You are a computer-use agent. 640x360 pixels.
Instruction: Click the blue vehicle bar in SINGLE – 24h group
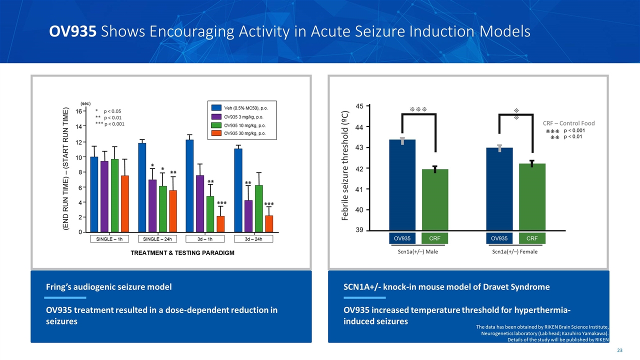(x=142, y=187)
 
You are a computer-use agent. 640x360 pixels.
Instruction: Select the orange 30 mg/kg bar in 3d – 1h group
(x=220, y=224)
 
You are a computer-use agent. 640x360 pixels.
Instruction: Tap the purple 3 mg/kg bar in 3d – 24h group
(x=248, y=216)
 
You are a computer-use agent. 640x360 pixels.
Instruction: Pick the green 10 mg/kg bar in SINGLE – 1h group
(x=114, y=195)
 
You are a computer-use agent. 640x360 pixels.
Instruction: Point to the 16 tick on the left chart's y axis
(x=79, y=111)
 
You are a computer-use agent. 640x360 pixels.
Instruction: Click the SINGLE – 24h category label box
(x=154, y=239)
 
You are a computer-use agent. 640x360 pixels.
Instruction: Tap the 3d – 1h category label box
(x=205, y=239)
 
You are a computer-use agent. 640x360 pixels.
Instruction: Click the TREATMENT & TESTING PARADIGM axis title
(x=182, y=253)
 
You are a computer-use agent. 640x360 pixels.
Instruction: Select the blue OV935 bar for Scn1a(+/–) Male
(x=402, y=185)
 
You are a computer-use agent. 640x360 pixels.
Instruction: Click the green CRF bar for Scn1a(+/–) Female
(x=531, y=197)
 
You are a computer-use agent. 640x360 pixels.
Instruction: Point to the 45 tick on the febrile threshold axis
(x=359, y=106)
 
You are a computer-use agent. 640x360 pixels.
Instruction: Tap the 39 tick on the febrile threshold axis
(x=359, y=230)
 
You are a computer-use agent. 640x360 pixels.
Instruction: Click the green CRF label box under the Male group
(x=435, y=238)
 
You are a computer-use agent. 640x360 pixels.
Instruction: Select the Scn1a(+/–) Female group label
(x=515, y=251)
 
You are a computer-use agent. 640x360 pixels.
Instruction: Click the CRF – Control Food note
(x=568, y=123)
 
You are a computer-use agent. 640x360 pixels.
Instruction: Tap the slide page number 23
(x=619, y=350)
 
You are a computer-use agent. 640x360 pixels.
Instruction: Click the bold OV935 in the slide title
(x=72, y=31)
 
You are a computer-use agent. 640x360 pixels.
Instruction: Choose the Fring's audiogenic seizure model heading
(x=108, y=287)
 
